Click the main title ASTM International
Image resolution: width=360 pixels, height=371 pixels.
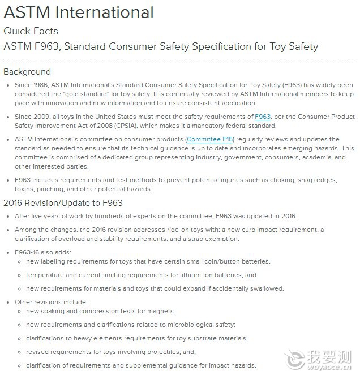coord(78,12)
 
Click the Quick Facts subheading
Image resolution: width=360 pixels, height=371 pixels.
coord(31,31)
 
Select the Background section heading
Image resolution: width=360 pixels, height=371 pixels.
coord(27,72)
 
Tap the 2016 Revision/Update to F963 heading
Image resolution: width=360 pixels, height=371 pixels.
coord(63,203)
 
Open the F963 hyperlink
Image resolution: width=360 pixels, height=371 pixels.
coord(263,117)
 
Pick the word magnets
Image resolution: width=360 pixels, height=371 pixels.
coord(161,311)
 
